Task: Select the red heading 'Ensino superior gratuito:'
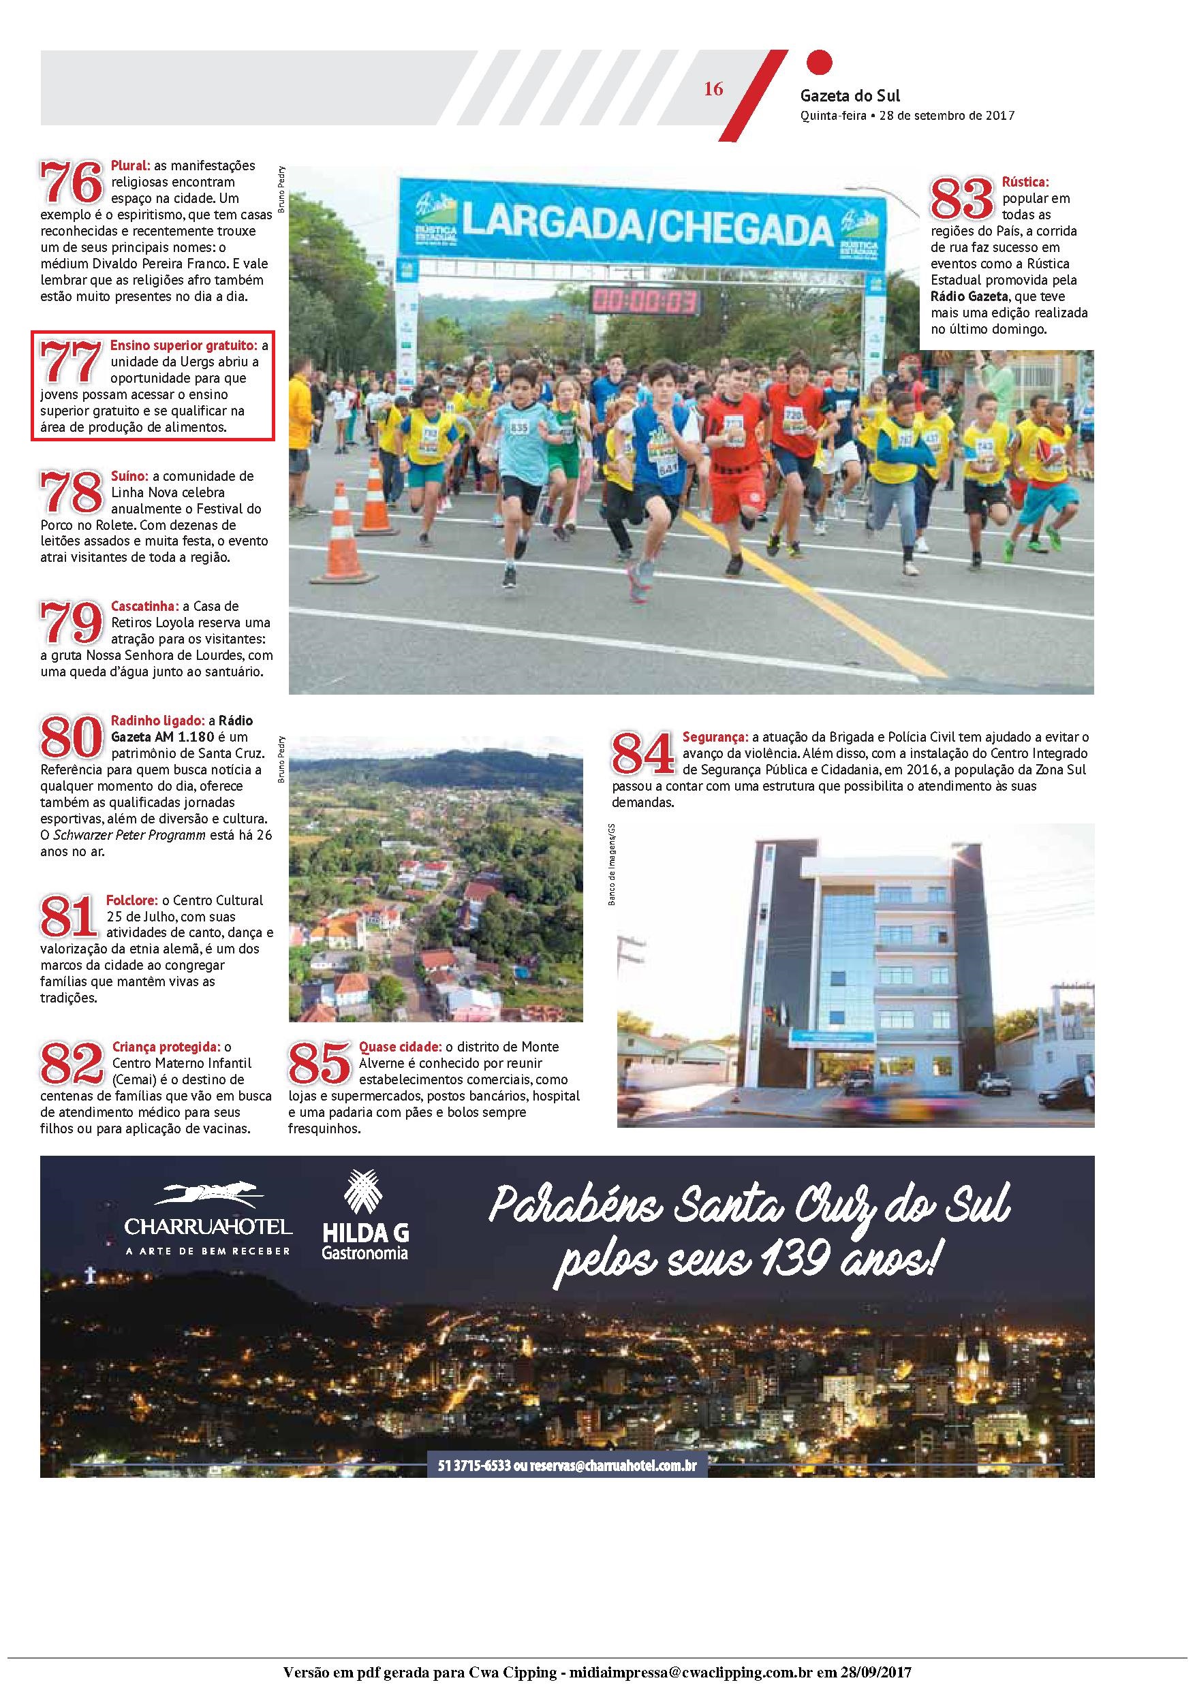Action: pyautogui.click(x=184, y=345)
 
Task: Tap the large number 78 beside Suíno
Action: pyautogui.click(x=72, y=492)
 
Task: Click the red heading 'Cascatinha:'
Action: pyautogui.click(x=145, y=606)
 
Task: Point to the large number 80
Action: pyautogui.click(x=72, y=736)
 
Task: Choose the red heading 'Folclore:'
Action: pyautogui.click(x=132, y=900)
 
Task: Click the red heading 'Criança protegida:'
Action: pyautogui.click(x=166, y=1047)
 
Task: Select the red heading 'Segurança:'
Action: pyautogui.click(x=715, y=736)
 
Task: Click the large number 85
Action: pyautogui.click(x=319, y=1063)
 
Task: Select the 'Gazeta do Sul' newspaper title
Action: pyautogui.click(x=850, y=95)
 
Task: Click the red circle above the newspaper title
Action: pyautogui.click(x=819, y=62)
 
